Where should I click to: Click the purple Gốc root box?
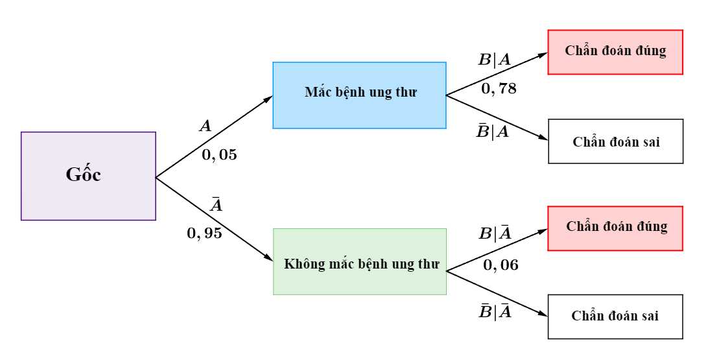[88, 176]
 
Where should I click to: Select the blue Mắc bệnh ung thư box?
[360, 95]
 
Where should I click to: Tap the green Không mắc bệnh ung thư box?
[360, 261]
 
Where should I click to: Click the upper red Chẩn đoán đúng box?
[615, 52]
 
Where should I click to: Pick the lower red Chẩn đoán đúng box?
[615, 228]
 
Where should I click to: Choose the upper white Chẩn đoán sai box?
[616, 141]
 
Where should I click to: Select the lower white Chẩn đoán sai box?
[615, 317]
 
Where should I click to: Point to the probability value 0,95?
[204, 234]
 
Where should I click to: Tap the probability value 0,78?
[499, 89]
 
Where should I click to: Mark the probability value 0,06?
[501, 265]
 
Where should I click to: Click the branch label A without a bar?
[205, 126]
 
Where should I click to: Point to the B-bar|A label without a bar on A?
[493, 132]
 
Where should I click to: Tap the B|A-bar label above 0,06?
[495, 233]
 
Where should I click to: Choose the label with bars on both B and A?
[494, 312]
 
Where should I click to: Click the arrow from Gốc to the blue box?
[215, 137]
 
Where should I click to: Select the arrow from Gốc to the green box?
[215, 219]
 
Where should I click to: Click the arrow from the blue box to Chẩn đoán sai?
[497, 117]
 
